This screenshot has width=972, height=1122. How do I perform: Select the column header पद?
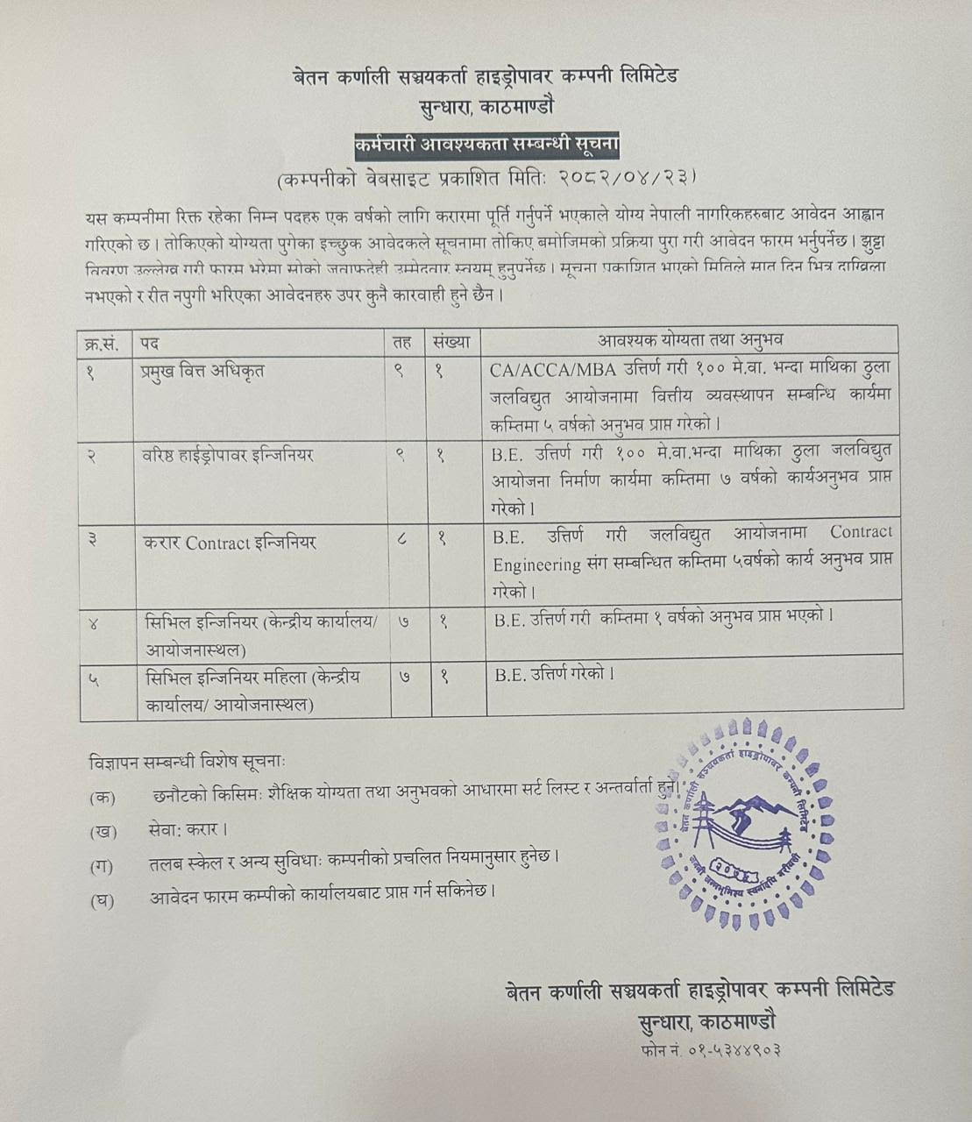coord(150,341)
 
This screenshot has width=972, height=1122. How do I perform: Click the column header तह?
coord(402,341)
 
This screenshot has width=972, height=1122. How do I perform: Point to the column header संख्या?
coord(451,341)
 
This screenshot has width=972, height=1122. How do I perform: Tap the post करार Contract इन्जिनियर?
coord(230,543)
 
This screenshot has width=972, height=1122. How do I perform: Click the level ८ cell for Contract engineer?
coord(401,540)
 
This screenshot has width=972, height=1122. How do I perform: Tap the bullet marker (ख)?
coord(103,830)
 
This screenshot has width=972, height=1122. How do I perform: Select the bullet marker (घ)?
coord(103,899)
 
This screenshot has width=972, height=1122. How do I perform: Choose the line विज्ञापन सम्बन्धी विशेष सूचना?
coord(187,763)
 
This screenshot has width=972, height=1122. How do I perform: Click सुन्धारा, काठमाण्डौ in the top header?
coord(486,106)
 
